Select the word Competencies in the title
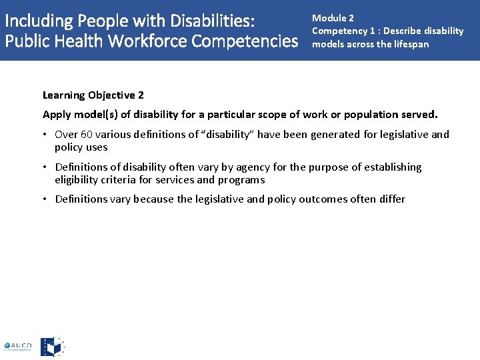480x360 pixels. [x=245, y=41]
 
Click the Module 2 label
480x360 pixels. [x=333, y=18]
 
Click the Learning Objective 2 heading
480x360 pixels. [x=93, y=95]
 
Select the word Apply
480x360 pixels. [x=57, y=115]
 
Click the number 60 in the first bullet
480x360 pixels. [x=86, y=135]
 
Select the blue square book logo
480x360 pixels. [x=52, y=347]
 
